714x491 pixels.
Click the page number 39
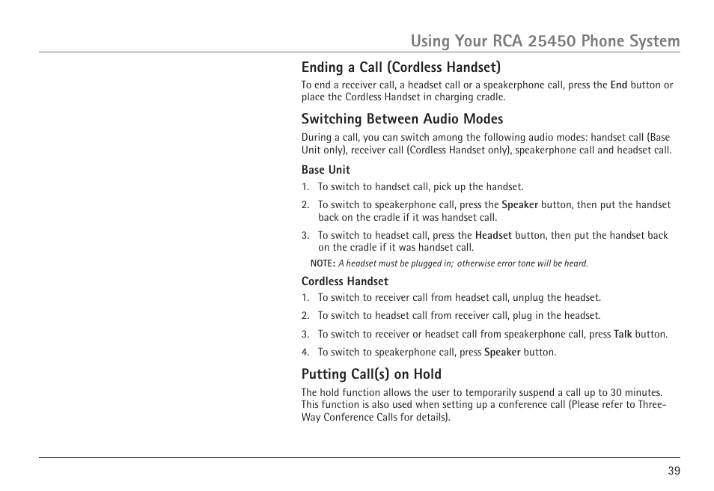674,471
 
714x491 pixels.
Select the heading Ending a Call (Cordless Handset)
401,67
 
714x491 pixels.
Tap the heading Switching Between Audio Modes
402,119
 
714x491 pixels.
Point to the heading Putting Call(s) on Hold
371,374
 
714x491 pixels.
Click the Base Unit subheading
326,170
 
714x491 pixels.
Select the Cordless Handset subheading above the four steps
344,281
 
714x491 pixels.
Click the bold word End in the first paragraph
618,85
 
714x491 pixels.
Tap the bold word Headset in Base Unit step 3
493,235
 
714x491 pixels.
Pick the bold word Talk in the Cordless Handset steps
623,335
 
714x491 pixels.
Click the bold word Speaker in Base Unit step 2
519,204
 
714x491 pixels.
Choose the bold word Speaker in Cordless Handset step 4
501,353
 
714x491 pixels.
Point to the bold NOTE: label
323,263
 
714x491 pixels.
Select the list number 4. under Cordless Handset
305,353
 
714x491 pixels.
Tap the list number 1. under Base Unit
305,187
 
